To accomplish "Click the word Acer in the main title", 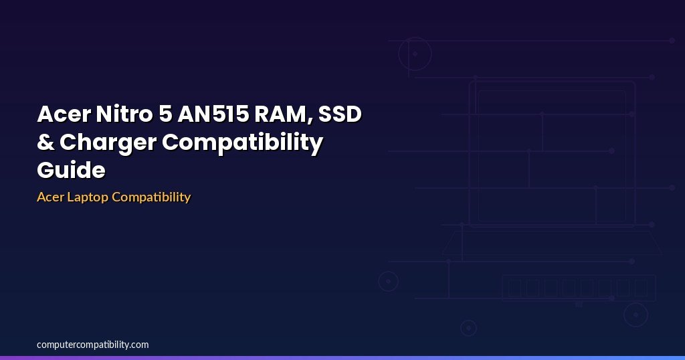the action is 64,114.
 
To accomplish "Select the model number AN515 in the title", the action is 213,114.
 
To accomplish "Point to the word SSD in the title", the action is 340,114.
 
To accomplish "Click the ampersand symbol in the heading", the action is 45,143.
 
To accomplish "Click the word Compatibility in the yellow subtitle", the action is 151,197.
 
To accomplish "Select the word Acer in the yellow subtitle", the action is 50,197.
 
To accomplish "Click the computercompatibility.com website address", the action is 92,345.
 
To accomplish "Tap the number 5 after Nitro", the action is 165,114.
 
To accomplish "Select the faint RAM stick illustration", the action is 579,275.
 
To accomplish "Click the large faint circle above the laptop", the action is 415,38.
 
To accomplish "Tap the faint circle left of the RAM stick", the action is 388,272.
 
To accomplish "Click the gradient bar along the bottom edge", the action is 342,358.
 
